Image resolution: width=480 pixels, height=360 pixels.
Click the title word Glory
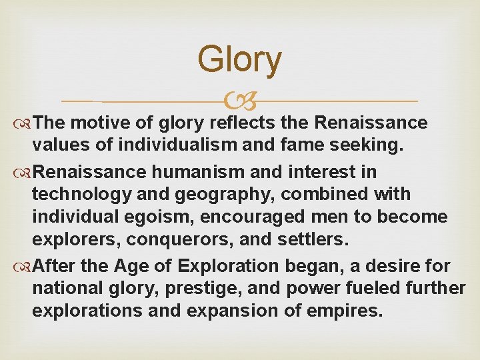tap(239, 59)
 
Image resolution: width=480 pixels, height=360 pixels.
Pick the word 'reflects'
tap(237, 123)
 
